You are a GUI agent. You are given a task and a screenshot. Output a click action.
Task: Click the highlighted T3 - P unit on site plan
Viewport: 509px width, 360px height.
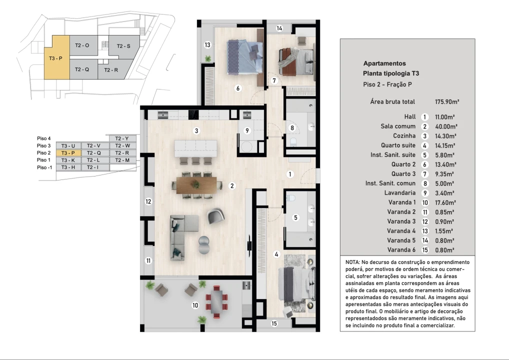56,57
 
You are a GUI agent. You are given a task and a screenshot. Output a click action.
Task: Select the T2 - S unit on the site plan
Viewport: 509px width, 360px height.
123,46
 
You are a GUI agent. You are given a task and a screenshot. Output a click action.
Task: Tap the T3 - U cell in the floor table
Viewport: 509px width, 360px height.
68,145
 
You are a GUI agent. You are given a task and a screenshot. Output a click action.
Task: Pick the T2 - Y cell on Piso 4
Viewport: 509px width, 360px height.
122,138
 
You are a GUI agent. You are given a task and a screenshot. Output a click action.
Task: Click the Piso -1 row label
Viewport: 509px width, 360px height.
44,167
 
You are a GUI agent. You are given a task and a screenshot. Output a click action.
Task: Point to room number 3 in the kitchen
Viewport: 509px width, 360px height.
197,131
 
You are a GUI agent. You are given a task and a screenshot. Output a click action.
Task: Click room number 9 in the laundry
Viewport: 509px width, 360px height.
246,131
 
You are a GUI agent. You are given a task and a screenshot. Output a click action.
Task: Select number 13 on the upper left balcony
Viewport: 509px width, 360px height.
207,45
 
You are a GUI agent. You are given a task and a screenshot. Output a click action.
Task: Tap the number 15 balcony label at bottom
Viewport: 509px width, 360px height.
274,323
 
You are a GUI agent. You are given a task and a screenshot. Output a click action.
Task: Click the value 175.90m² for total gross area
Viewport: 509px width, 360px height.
447,101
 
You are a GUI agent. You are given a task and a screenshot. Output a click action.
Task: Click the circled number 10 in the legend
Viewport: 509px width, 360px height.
424,202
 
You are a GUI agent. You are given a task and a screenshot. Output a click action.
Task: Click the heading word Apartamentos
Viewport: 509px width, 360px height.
384,63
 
